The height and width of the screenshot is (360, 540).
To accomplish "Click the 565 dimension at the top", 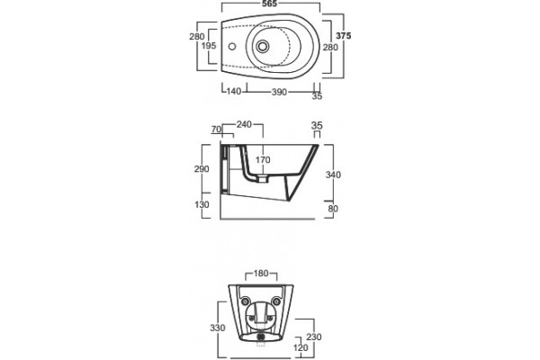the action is click(269, 4).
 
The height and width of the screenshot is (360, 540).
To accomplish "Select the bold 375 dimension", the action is click(344, 35).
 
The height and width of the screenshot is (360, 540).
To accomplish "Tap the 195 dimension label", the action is click(209, 46).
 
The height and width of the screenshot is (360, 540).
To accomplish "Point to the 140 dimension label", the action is click(234, 92).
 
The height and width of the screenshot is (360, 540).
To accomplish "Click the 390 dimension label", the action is click(279, 92).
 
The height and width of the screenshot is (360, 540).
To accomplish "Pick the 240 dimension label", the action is click(244, 124).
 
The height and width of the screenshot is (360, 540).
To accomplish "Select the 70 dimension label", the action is click(216, 130).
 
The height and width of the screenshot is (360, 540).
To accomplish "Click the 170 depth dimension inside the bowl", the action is click(263, 160).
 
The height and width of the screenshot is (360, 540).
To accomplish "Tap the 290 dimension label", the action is click(202, 169).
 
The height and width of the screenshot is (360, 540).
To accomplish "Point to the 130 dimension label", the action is click(202, 204).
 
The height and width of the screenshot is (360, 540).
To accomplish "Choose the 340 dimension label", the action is click(333, 175).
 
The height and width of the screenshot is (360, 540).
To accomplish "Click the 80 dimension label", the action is click(333, 209).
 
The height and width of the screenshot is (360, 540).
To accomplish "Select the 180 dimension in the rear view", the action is click(261, 274).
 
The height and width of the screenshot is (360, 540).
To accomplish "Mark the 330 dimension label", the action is click(218, 328).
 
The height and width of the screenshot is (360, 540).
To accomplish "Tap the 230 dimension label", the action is click(314, 337).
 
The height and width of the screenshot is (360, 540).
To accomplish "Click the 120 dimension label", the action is click(301, 348).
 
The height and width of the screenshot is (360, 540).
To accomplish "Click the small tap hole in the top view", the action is click(232, 46).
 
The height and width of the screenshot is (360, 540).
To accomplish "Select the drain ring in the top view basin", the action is click(263, 46).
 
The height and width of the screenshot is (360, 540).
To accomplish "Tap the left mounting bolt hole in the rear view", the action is click(245, 301).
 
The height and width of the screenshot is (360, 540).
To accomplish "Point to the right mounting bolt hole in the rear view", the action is click(276, 301).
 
